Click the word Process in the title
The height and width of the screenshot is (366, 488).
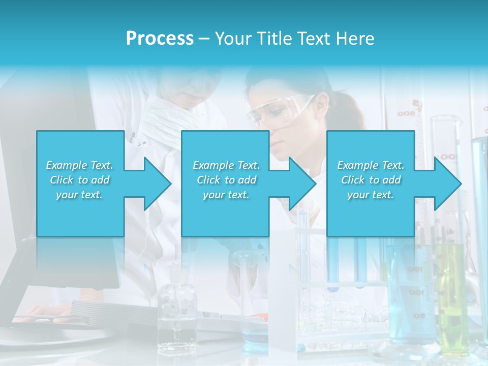(x=160, y=39)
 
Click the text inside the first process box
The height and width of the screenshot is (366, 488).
(x=80, y=180)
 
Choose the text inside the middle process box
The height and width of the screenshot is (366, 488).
(x=226, y=180)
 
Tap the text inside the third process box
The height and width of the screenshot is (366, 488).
(x=371, y=180)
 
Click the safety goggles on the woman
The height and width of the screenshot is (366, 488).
(x=277, y=110)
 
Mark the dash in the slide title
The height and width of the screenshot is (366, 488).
(x=204, y=39)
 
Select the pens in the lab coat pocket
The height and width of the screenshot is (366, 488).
(x=133, y=137)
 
